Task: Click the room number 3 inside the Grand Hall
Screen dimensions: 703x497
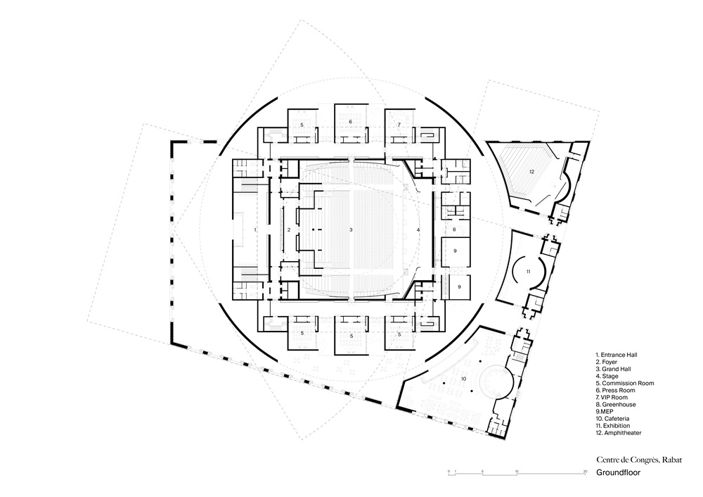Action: click(x=351, y=230)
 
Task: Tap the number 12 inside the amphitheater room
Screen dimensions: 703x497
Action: click(x=531, y=172)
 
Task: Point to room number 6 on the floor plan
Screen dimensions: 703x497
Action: click(x=351, y=122)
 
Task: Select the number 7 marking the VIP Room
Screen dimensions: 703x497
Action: click(x=399, y=125)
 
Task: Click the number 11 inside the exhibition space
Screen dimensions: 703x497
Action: click(x=528, y=271)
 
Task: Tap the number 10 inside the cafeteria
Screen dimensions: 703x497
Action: click(x=463, y=379)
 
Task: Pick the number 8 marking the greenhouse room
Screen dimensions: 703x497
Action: click(x=454, y=229)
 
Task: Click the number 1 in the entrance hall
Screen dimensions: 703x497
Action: click(x=255, y=229)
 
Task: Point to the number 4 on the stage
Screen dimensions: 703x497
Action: click(x=418, y=230)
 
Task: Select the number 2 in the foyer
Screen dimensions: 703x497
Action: click(x=289, y=230)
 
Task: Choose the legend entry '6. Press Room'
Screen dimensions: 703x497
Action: click(x=615, y=390)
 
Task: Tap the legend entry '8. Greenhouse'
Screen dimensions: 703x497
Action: click(x=616, y=405)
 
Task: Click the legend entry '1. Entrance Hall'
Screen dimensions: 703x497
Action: click(x=617, y=355)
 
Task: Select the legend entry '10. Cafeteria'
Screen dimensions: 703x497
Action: click(x=612, y=418)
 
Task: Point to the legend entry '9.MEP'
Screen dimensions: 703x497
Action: click(x=605, y=411)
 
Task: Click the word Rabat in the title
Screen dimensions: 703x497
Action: click(x=672, y=459)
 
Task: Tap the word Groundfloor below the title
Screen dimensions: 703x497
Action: click(x=618, y=473)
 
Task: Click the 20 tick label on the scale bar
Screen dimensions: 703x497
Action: click(x=585, y=472)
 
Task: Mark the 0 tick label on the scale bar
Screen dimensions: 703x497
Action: click(x=449, y=472)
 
